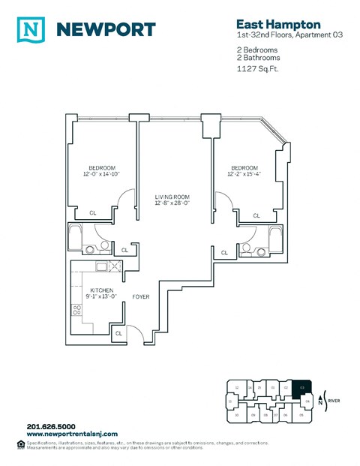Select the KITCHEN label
(102, 290)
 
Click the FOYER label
(140, 296)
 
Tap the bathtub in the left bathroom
(76, 236)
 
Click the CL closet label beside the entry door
(119, 332)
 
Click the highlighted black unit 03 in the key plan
(301, 387)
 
